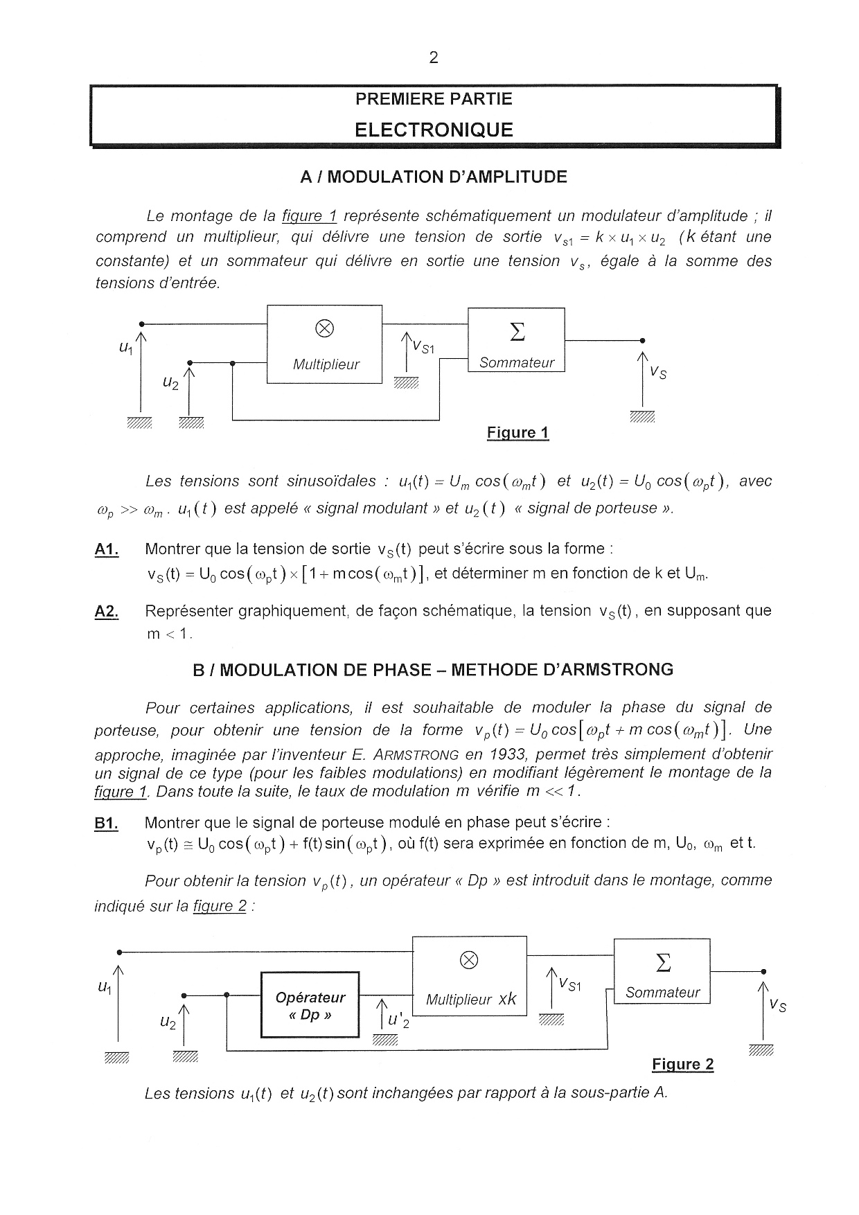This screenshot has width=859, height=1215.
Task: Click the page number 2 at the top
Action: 434,57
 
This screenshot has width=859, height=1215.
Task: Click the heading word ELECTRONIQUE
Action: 434,130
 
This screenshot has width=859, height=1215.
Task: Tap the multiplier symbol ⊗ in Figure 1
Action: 324,329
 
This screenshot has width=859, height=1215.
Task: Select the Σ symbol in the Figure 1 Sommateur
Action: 517,332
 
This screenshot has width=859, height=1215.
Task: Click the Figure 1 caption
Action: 517,433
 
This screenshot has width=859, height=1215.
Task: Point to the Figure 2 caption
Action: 682,1064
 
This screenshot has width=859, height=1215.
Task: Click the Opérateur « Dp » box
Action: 310,1005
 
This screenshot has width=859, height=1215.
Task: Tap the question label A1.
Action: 107,549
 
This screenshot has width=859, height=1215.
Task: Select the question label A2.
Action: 107,611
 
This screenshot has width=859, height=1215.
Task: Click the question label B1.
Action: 106,823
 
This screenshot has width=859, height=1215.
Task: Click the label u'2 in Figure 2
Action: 398,1020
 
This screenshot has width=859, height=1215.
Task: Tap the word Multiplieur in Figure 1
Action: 326,364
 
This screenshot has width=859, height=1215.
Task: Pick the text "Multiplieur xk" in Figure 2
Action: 470,999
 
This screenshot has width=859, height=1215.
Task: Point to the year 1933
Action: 507,754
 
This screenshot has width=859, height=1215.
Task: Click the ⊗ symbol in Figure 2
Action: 469,959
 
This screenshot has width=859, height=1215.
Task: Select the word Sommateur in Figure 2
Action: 662,992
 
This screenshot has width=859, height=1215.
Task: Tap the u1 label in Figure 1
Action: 125,348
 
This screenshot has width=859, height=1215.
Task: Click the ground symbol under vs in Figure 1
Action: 642,416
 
